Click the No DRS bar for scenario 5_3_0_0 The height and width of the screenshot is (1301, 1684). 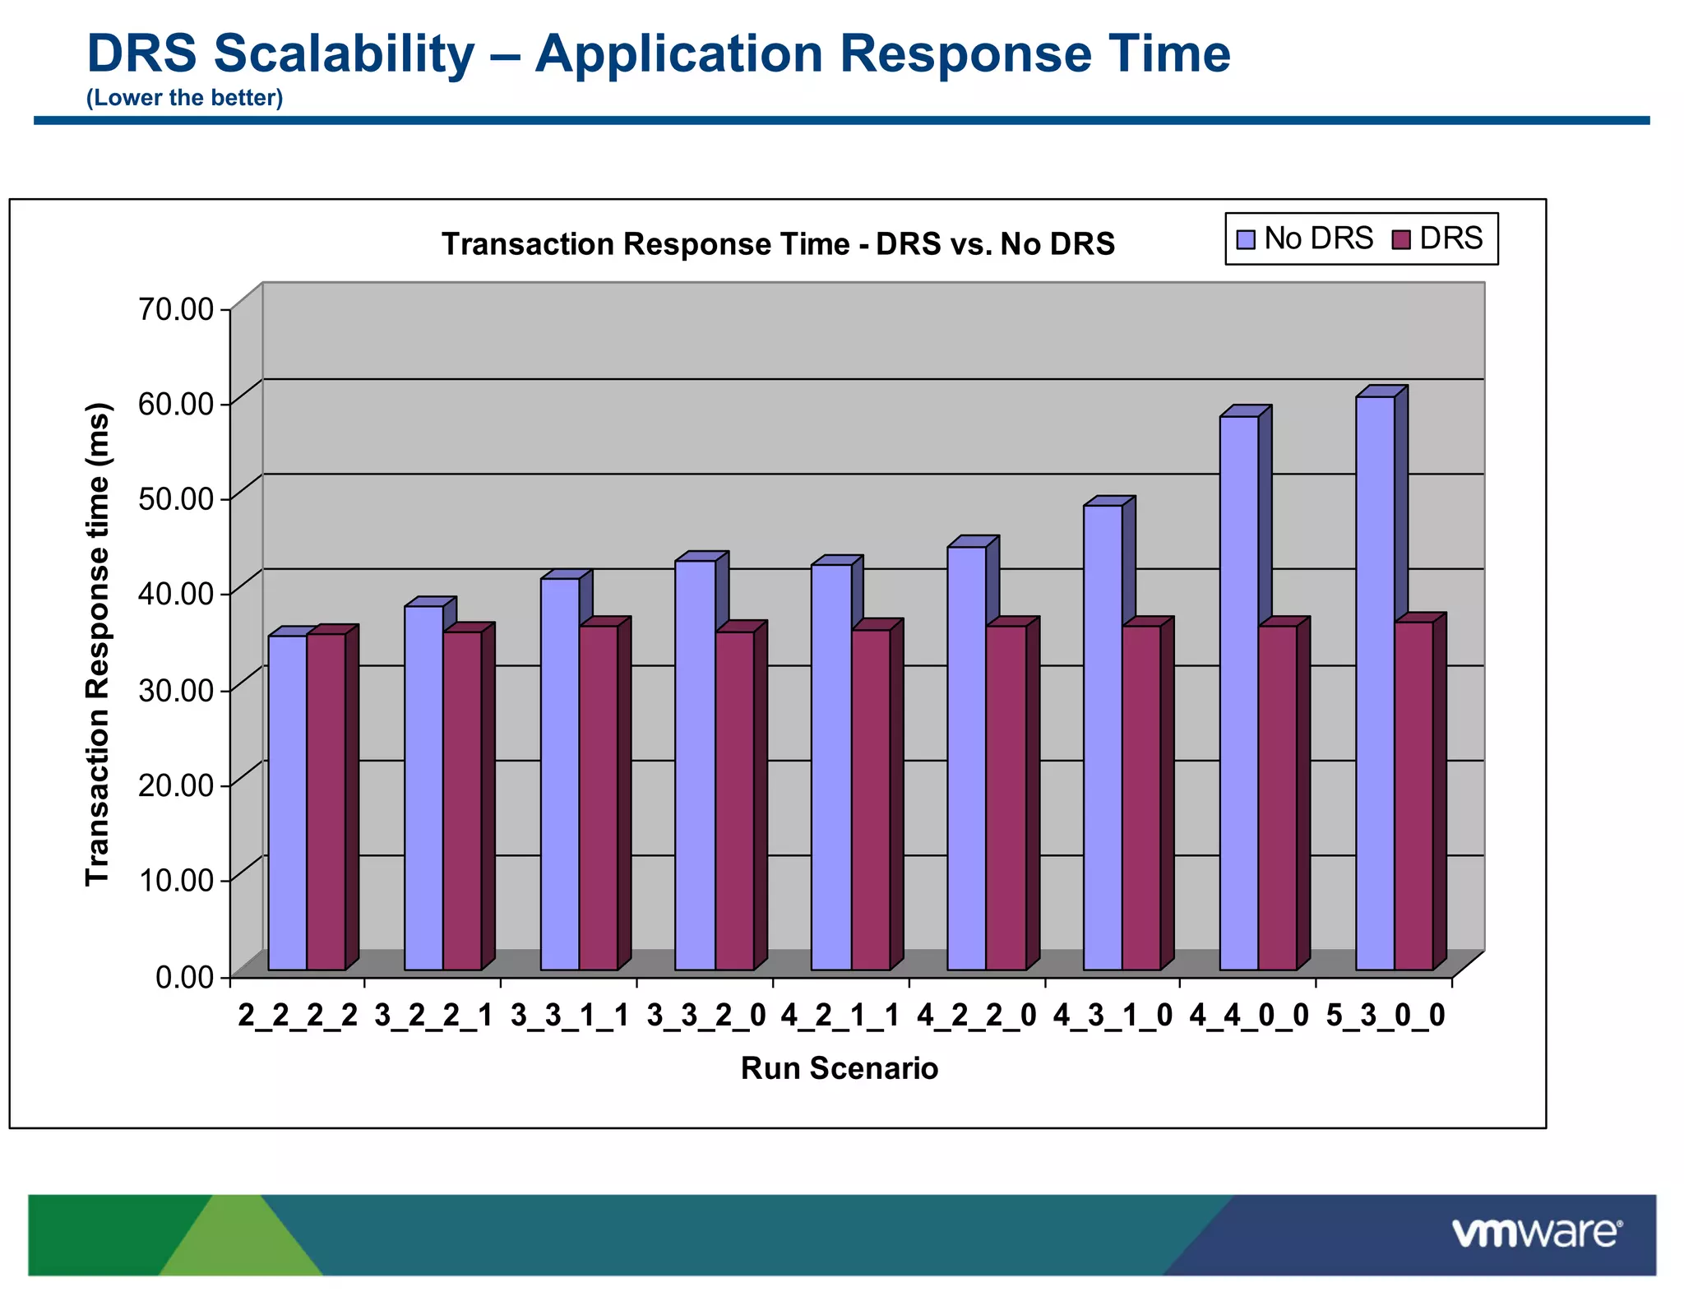click(x=1374, y=683)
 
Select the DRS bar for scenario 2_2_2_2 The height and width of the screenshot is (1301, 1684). click(x=326, y=802)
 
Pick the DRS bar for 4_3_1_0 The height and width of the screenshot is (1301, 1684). click(x=1140, y=798)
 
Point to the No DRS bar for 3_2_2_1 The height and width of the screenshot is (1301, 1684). click(x=423, y=788)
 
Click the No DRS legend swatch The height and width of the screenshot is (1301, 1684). click(x=1246, y=239)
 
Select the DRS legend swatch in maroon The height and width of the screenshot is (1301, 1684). click(x=1400, y=239)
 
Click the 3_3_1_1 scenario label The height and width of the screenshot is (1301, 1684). click(x=569, y=1016)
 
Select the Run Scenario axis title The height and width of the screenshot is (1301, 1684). click(x=839, y=1068)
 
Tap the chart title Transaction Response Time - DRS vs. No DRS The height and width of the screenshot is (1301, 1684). click(x=778, y=244)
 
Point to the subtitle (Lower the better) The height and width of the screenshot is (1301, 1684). click(x=184, y=98)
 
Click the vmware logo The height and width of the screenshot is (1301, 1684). click(x=1536, y=1234)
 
